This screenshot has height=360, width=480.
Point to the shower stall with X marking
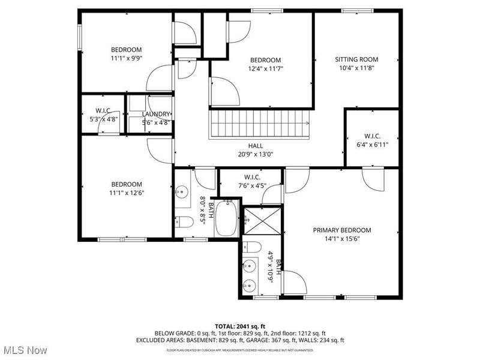261,221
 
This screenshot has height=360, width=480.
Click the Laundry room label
156,114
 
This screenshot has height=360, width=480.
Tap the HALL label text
256,146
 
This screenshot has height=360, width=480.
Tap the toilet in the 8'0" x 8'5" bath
186,222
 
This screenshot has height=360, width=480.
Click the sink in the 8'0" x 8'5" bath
181,193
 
